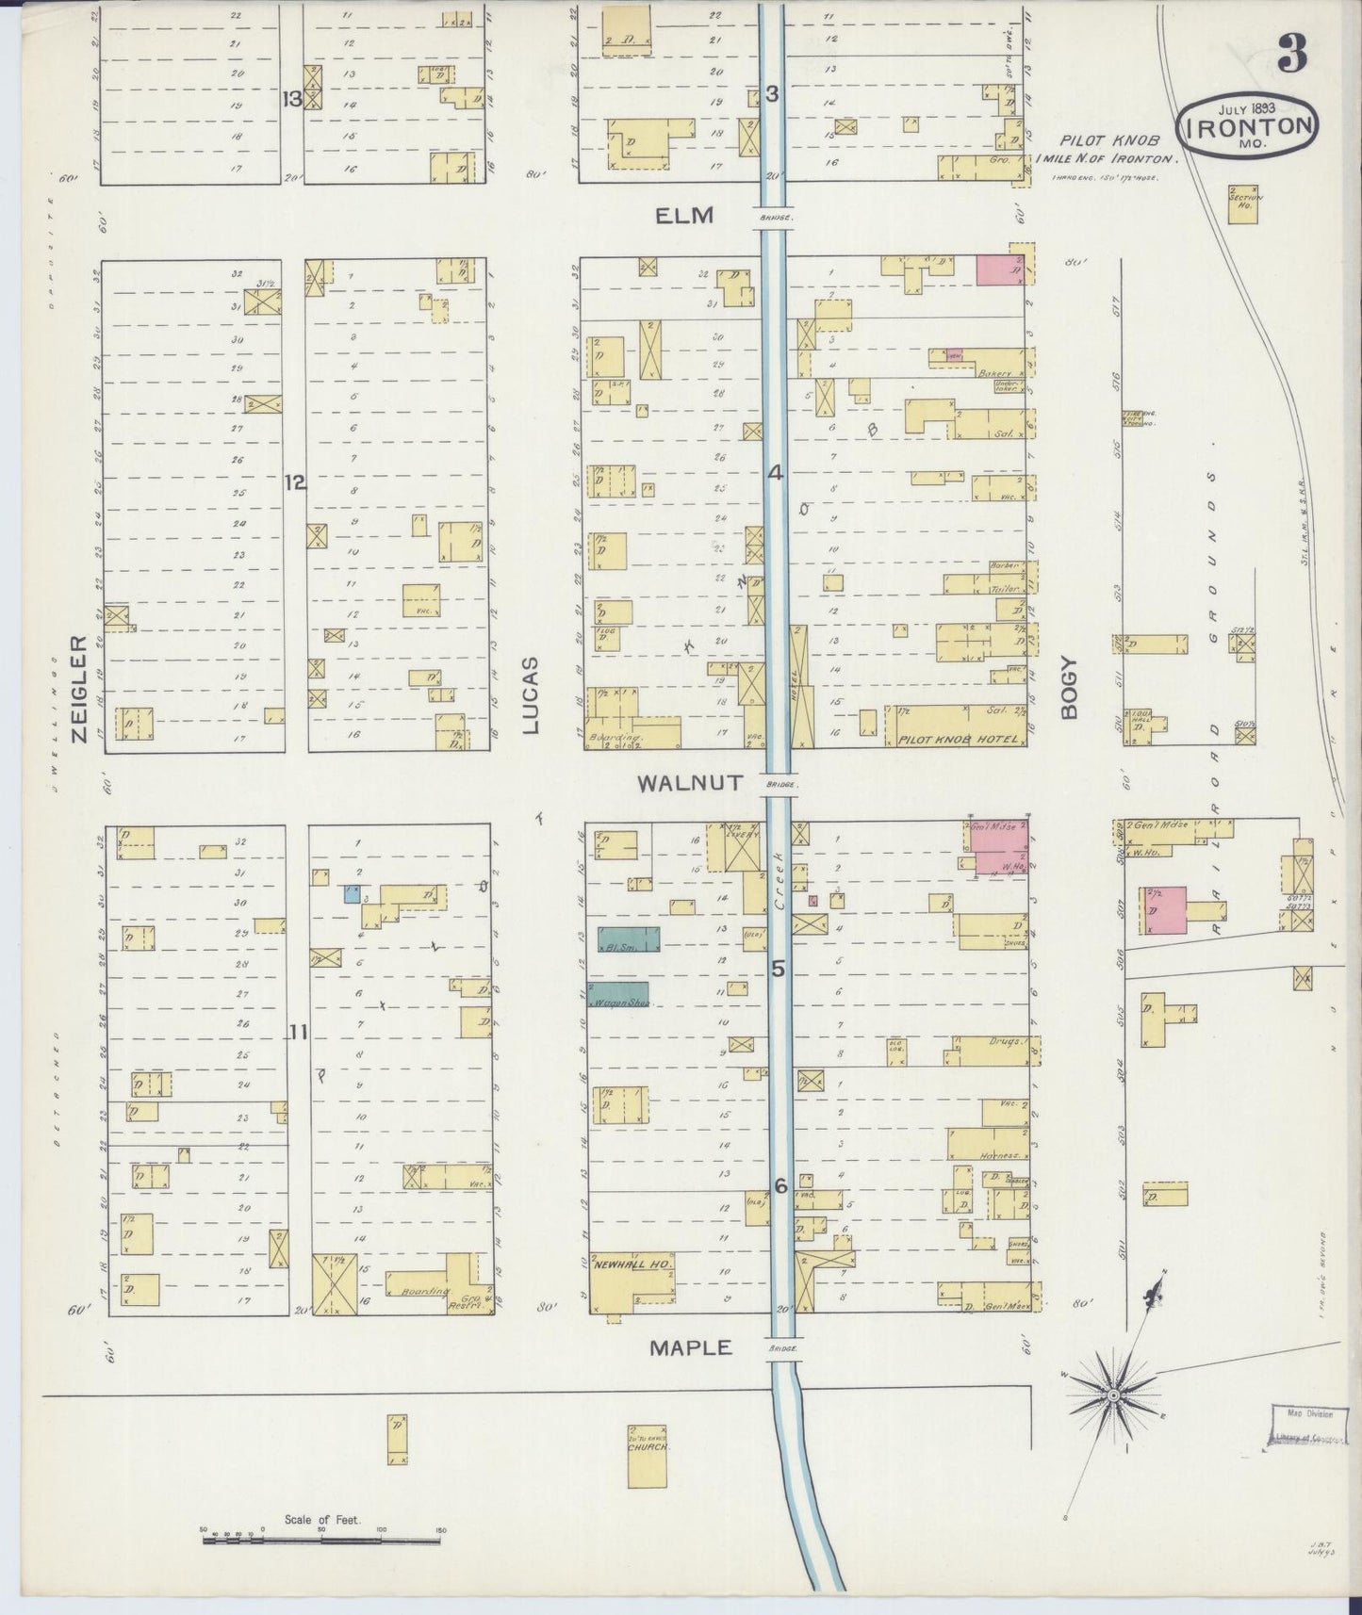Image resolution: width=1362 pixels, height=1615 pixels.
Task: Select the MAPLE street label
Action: click(x=690, y=1348)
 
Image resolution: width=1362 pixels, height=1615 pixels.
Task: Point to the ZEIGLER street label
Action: click(x=79, y=688)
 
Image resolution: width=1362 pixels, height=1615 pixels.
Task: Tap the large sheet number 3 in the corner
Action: click(x=1291, y=56)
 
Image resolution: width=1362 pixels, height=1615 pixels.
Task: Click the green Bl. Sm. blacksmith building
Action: click(x=628, y=939)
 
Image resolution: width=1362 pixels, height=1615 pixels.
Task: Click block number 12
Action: click(x=295, y=482)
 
